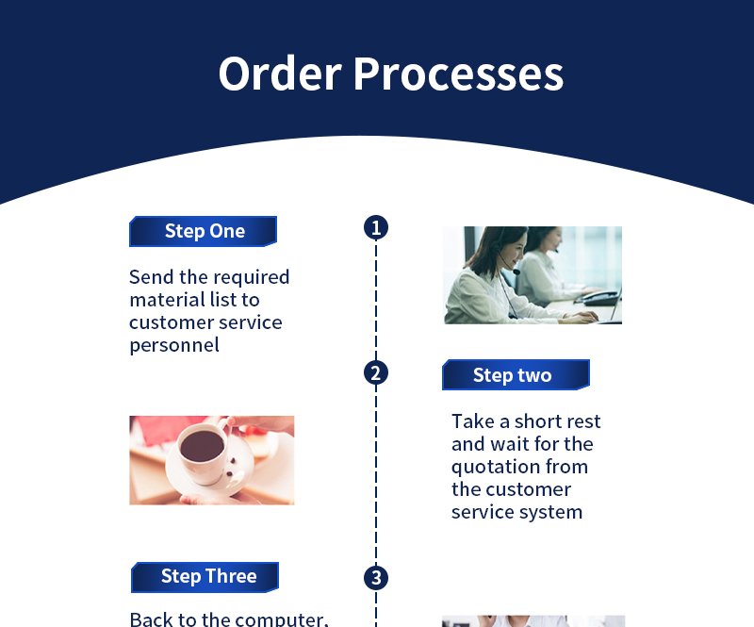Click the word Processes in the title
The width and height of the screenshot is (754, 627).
(x=458, y=74)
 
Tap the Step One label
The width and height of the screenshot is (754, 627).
(x=204, y=231)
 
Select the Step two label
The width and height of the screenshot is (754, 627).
(x=513, y=375)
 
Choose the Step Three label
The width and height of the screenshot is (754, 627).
(x=208, y=576)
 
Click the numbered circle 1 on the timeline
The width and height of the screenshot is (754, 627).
(x=376, y=227)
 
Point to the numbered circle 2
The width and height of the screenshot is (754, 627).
(x=376, y=372)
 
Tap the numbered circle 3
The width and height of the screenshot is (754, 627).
(x=376, y=578)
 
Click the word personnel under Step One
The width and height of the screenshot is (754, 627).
(x=174, y=345)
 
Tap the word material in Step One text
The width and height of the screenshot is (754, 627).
(x=165, y=300)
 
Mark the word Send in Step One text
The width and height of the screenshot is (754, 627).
(x=149, y=277)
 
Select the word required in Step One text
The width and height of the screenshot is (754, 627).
(x=251, y=277)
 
